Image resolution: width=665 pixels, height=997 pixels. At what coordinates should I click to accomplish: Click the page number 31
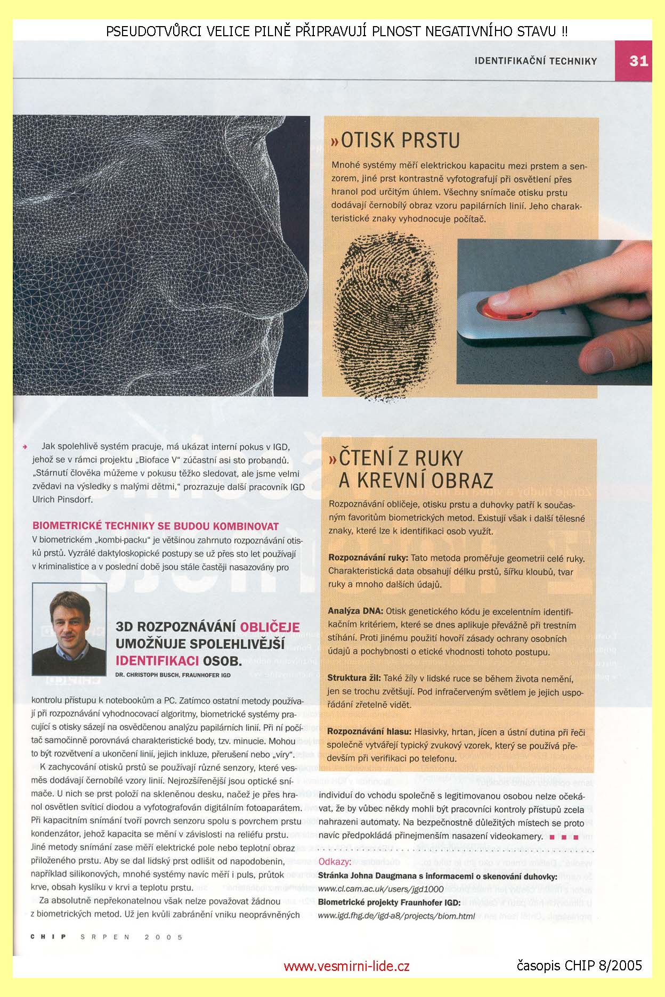click(x=638, y=61)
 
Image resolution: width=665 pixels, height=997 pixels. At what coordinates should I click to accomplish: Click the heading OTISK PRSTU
click(x=395, y=140)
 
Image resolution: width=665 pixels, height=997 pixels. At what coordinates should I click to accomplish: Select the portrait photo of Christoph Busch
click(x=69, y=629)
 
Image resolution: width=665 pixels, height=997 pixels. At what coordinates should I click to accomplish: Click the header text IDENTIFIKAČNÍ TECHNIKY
click(x=536, y=61)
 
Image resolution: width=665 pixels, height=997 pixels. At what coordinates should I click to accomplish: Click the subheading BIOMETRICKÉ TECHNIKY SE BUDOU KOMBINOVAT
click(x=156, y=526)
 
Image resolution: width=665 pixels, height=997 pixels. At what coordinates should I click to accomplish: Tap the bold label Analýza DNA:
click(x=354, y=612)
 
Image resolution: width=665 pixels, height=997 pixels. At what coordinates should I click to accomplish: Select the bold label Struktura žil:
click(x=354, y=679)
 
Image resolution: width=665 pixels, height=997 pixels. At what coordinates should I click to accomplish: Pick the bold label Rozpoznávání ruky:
click(x=368, y=559)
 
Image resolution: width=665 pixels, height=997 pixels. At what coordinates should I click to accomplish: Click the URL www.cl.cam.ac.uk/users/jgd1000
click(x=380, y=889)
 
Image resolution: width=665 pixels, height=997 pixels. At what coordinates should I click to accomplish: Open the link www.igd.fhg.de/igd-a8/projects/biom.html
click(x=396, y=916)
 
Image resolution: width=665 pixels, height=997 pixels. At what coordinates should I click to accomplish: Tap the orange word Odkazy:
click(x=334, y=862)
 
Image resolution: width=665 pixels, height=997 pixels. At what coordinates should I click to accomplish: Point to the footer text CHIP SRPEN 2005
click(x=107, y=937)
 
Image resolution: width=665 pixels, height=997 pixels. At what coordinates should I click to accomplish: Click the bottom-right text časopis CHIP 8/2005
click(x=579, y=965)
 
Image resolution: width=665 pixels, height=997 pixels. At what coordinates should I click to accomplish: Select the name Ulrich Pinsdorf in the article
click(x=62, y=500)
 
